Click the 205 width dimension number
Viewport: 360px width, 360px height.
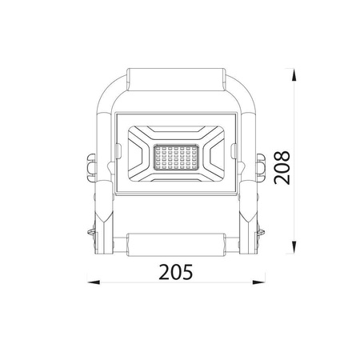point(175,272)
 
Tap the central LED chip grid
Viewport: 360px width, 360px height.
point(175,156)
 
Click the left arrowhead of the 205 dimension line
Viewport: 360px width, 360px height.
point(90,282)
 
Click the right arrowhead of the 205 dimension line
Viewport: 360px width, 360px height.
point(262,282)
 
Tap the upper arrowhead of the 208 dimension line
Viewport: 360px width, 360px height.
point(296,74)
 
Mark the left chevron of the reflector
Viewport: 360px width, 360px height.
point(138,156)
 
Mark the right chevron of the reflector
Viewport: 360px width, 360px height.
point(214,156)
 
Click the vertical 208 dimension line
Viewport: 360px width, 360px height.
point(296,200)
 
